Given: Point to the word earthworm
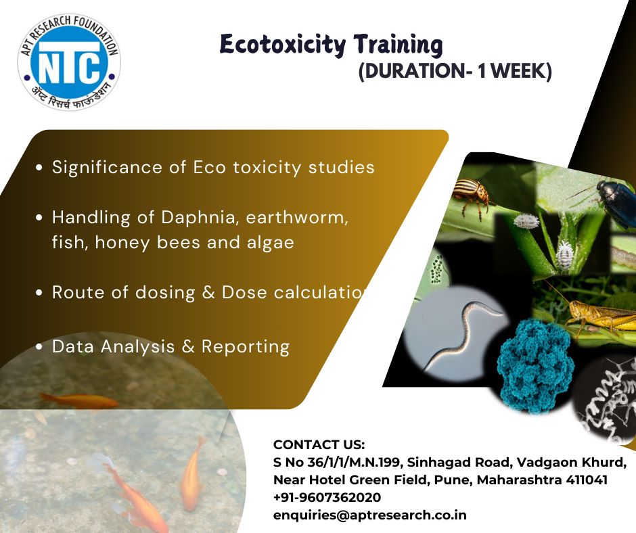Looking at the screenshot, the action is click(297, 218).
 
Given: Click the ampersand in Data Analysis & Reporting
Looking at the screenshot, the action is click(188, 346).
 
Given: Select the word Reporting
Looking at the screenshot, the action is click(246, 347).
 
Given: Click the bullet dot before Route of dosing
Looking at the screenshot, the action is click(39, 292).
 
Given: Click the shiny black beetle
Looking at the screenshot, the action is click(617, 200).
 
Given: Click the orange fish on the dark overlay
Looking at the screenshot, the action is click(80, 400).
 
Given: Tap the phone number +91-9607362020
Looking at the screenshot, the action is click(327, 497).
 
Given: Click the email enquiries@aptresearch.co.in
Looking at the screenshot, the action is click(370, 515).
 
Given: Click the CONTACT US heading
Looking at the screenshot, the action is click(319, 444).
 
